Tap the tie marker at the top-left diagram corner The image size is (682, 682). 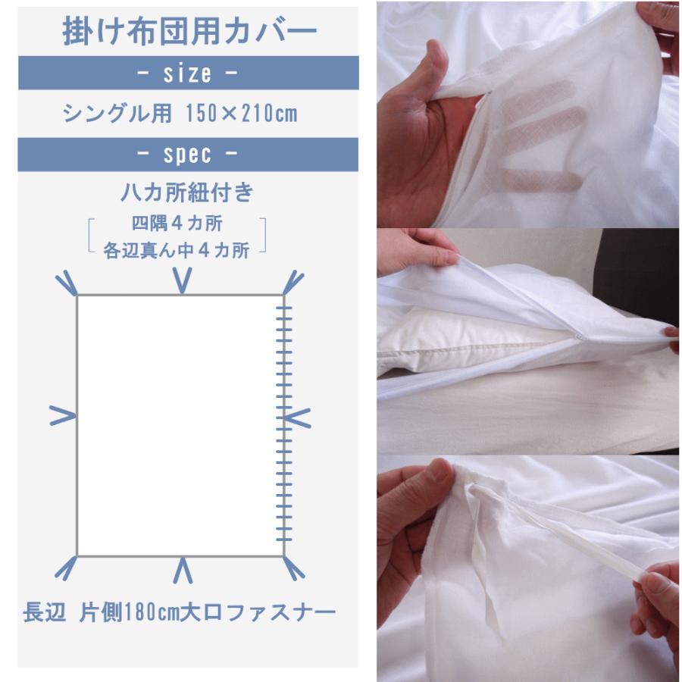coord(67,283)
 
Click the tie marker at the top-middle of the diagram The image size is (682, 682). coord(182,279)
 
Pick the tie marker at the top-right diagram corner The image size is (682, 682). coord(294,283)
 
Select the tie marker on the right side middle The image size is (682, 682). coord(298,415)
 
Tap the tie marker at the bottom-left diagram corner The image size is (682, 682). coord(66,568)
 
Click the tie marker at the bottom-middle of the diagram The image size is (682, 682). coord(183,571)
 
